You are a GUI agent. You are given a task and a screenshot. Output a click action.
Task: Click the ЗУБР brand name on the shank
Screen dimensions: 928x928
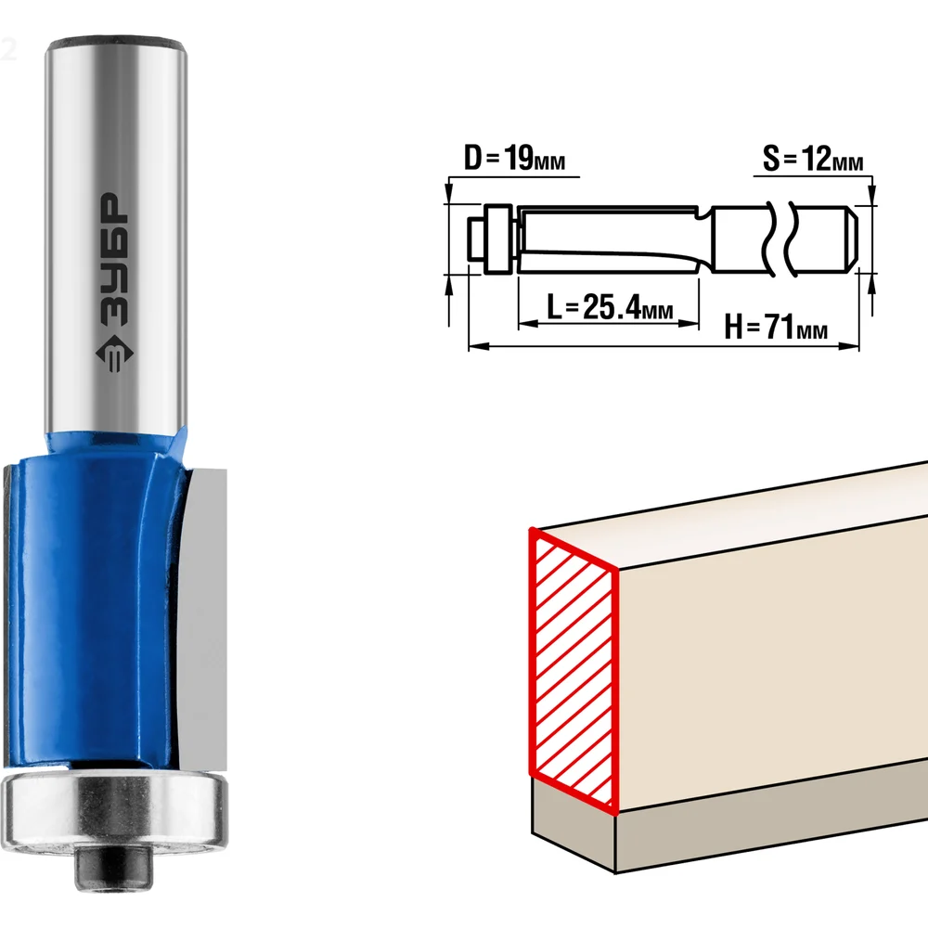click(112, 260)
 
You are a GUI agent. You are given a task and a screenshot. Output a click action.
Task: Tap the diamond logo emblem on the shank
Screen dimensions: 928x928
click(114, 354)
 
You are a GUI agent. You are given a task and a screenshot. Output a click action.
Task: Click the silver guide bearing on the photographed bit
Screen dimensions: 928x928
click(114, 811)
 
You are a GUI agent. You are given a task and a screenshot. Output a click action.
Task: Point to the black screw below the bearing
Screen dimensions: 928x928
click(113, 870)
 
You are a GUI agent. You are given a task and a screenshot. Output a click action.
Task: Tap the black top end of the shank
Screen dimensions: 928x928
click(117, 44)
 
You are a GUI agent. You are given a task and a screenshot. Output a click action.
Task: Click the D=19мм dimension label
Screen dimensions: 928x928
click(514, 158)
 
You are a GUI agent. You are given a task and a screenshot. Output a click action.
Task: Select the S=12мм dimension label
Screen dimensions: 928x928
click(813, 158)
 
